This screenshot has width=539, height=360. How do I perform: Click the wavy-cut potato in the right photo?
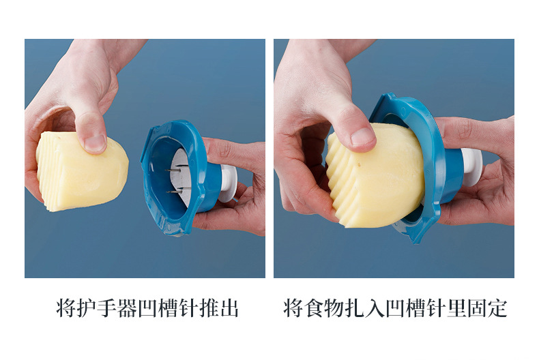point(375,174)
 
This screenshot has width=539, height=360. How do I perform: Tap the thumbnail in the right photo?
point(364,136)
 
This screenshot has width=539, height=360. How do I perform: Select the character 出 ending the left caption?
point(230,307)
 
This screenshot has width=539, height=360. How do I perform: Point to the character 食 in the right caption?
point(314,307)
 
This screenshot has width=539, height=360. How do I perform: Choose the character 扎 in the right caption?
point(355,307)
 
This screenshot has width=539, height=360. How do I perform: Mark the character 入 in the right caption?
point(375,307)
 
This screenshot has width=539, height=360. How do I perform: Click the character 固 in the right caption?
point(478,307)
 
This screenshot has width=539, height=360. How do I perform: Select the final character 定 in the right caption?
point(498,307)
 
